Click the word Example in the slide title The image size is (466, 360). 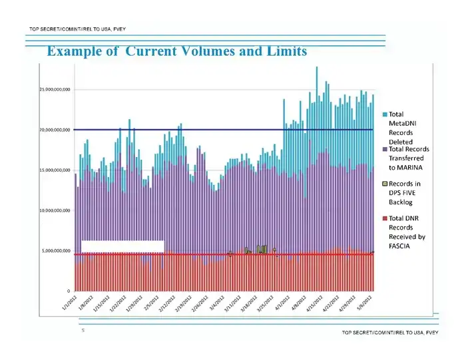(72, 51)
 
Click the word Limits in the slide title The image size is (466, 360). (285, 51)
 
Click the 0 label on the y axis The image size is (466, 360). (68, 291)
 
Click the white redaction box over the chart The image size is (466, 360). (122, 246)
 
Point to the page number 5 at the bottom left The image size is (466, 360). (83, 329)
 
